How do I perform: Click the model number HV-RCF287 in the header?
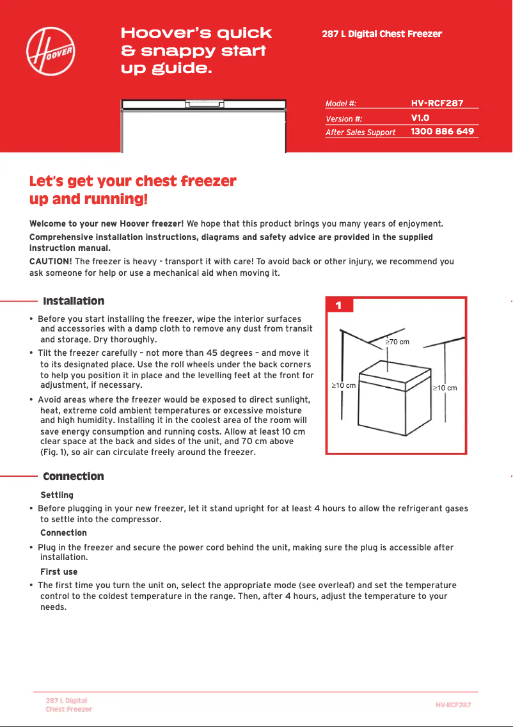pos(437,102)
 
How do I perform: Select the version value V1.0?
pos(420,118)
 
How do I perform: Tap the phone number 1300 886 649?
pos(442,131)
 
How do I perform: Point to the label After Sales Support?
pos(360,132)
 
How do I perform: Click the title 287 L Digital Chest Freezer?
pos(382,34)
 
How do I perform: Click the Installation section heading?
pos(74,301)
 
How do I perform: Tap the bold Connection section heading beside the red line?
pos(73,477)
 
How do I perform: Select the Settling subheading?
pos(57,495)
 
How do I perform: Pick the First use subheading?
pos(59,572)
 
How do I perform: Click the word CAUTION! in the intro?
pos(51,261)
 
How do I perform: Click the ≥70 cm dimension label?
pos(397,342)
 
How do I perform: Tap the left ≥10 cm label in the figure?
pos(343,386)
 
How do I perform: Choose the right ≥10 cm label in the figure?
pos(445,388)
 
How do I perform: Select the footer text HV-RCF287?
pos(454,705)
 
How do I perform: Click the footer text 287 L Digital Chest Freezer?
pos(68,705)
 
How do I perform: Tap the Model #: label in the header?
pos(341,103)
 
